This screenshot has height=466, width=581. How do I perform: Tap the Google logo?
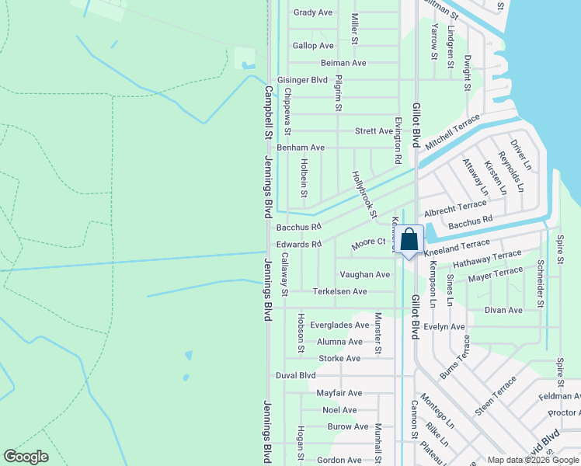pos(26,457)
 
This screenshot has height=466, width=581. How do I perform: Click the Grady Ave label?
pos(313,12)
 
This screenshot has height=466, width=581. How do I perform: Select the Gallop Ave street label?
pos(313,46)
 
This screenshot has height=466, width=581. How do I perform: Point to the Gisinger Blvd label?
pos(303,80)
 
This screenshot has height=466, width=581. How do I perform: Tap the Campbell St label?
pos(269,112)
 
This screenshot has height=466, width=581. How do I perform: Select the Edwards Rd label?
pos(299,244)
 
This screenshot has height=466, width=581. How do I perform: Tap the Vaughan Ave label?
pos(364,275)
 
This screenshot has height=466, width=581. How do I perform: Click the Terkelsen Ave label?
pos(339,291)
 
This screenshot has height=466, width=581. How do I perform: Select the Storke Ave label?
pos(339,359)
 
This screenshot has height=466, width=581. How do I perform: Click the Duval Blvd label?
pos(296,375)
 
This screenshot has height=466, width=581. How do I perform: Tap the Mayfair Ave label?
pos(339,393)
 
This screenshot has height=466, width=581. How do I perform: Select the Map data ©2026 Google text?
pos(533,460)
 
